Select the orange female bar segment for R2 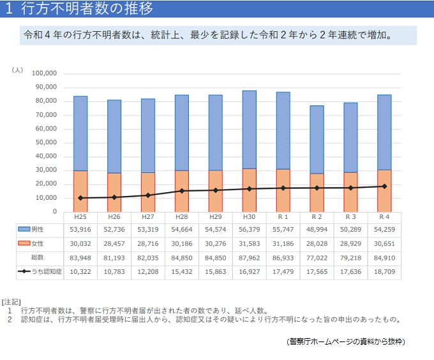coord(317,192)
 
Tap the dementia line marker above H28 coord(181,191)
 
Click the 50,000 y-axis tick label coord(46,142)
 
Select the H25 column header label coord(80,218)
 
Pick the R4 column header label coord(384,218)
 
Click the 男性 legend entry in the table coord(38,229)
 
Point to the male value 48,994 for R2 coord(317,229)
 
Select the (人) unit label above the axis coord(18,69)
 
